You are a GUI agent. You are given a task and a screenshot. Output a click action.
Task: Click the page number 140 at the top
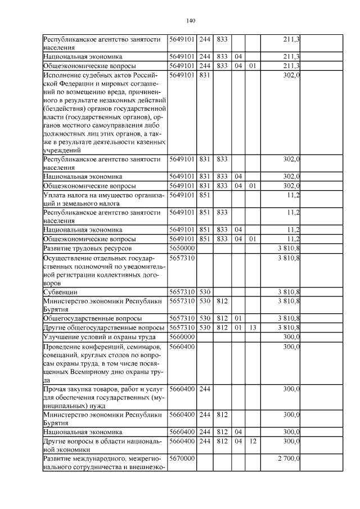(190, 21)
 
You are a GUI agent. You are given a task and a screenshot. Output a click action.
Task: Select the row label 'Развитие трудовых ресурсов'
(88, 247)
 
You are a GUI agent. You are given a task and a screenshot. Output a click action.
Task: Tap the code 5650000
(182, 247)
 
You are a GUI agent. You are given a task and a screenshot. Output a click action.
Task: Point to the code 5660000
(182, 336)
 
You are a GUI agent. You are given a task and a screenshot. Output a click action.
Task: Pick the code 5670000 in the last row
(182, 459)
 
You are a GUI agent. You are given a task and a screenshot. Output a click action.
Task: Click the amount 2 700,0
(289, 459)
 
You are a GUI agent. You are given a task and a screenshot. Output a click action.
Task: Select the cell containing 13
(253, 327)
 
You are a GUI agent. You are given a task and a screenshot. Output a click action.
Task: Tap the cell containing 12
(253, 442)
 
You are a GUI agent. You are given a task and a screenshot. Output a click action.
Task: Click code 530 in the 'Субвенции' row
(205, 292)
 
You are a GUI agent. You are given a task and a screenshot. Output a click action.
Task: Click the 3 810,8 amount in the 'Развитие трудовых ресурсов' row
(289, 247)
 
